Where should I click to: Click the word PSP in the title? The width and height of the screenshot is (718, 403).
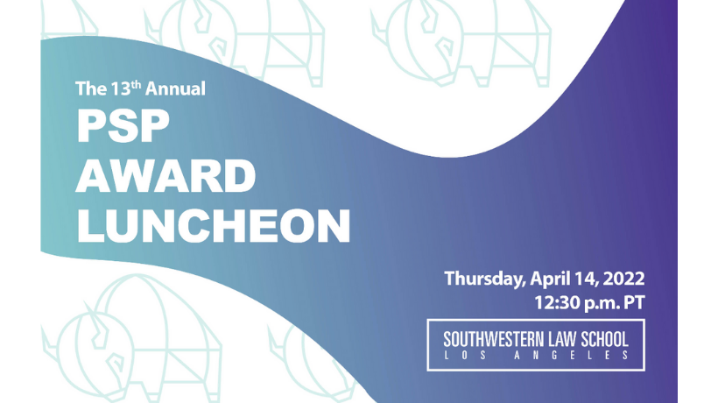pyautogui.click(x=123, y=126)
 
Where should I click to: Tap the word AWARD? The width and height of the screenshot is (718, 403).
pyautogui.click(x=165, y=176)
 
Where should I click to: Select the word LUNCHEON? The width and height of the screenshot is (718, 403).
pyautogui.click(x=214, y=226)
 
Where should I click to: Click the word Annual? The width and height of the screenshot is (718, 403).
pyautogui.click(x=175, y=88)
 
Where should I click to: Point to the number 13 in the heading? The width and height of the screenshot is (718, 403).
pyautogui.click(x=121, y=88)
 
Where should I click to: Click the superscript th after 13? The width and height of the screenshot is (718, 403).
pyautogui.click(x=136, y=84)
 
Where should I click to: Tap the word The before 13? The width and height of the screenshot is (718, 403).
pyautogui.click(x=91, y=88)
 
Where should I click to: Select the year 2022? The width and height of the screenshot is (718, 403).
pyautogui.click(x=623, y=279)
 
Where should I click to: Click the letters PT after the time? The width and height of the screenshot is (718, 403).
pyautogui.click(x=634, y=303)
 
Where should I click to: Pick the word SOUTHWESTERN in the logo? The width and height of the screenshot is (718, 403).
pyautogui.click(x=494, y=340)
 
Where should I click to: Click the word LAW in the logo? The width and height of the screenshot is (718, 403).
pyautogui.click(x=562, y=340)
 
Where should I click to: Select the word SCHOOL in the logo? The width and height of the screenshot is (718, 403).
pyautogui.click(x=604, y=340)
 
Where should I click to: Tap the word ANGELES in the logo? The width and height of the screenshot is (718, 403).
pyautogui.click(x=571, y=356)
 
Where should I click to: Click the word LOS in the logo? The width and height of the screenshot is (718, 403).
pyautogui.click(x=465, y=356)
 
